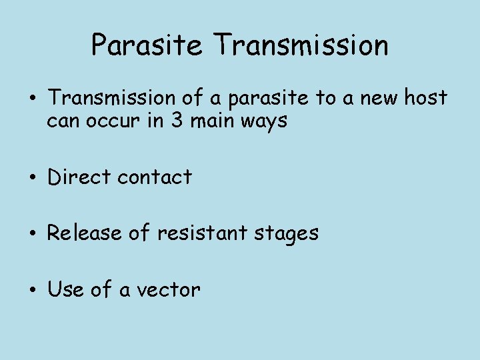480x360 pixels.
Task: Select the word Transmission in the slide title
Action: tap(301, 45)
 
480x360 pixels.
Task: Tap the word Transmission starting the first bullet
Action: tap(112, 98)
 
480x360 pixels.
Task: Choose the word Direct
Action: tap(79, 177)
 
